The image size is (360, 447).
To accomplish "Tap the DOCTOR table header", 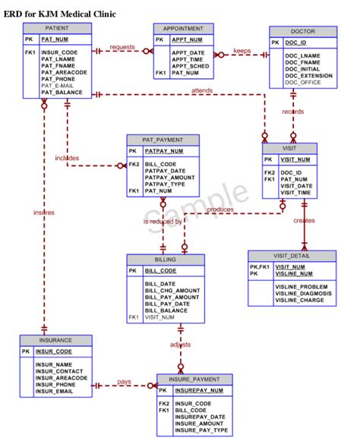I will (x=302, y=30).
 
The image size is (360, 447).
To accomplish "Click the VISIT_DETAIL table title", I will (x=292, y=255).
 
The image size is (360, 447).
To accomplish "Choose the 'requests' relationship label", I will (x=122, y=47).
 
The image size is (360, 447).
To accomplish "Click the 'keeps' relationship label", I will (x=242, y=51).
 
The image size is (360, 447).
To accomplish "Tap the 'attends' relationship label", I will (x=202, y=90).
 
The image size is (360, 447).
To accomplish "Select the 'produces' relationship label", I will (x=221, y=209).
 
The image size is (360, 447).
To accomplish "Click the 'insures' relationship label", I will (x=43, y=212).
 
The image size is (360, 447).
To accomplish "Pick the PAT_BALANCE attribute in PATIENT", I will (x=62, y=93).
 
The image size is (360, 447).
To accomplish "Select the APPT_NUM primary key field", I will (x=187, y=39).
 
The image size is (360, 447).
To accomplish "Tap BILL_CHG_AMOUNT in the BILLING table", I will (x=172, y=290).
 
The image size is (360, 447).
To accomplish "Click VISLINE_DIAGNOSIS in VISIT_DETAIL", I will (x=303, y=293).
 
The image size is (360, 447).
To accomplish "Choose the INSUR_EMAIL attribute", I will (x=54, y=392).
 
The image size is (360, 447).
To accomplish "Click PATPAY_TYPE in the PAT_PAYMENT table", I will (x=166, y=184).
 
